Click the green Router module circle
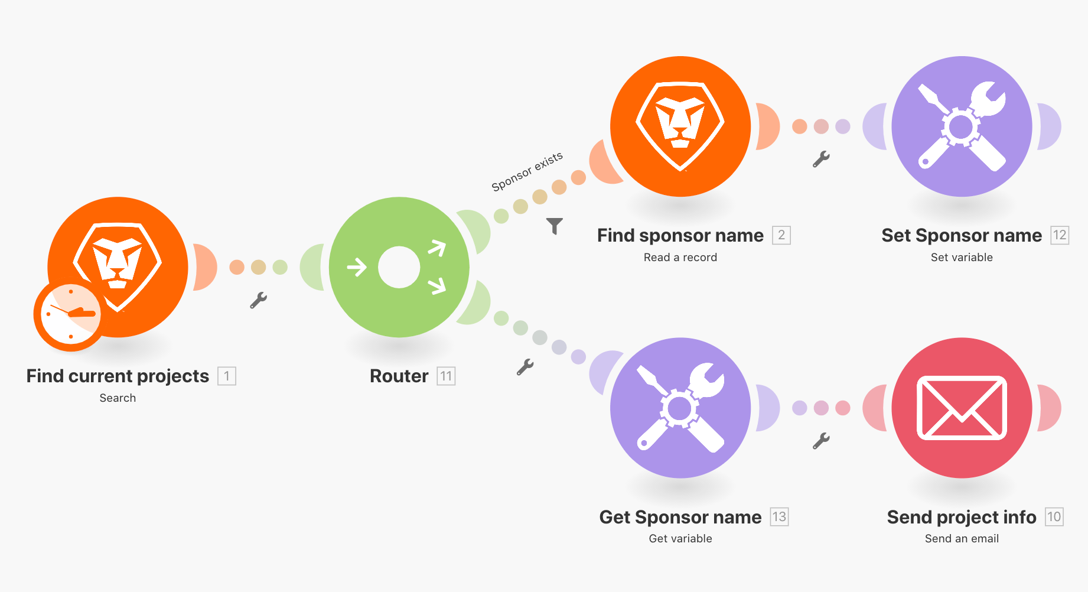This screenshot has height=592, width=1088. pyautogui.click(x=399, y=267)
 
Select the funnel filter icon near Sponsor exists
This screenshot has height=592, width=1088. pyautogui.click(x=555, y=226)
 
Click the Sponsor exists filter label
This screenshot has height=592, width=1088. pyautogui.click(x=527, y=171)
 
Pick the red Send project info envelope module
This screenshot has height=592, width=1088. pyautogui.click(x=962, y=408)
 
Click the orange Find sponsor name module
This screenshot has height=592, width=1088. pyautogui.click(x=680, y=126)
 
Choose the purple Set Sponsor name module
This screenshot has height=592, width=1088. pyautogui.click(x=962, y=126)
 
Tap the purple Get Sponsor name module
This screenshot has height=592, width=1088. pyautogui.click(x=680, y=408)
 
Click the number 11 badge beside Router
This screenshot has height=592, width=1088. pyautogui.click(x=446, y=376)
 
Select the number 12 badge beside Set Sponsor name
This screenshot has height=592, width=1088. pyautogui.click(x=1060, y=235)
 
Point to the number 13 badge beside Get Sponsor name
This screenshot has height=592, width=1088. pyautogui.click(x=779, y=517)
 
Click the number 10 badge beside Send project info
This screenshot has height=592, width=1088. pyautogui.click(x=1054, y=517)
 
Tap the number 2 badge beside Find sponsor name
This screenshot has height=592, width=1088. pyautogui.click(x=781, y=235)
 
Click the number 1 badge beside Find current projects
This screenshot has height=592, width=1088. pyautogui.click(x=227, y=376)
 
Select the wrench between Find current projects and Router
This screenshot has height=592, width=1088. pyautogui.click(x=258, y=301)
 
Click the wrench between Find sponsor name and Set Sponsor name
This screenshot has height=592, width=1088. pyautogui.click(x=821, y=160)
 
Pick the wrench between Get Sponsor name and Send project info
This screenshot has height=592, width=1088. pyautogui.click(x=821, y=441)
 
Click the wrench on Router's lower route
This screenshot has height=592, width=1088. pyautogui.click(x=525, y=367)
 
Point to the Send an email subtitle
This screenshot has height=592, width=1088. pyautogui.click(x=962, y=539)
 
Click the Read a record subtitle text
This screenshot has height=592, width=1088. pyautogui.click(x=680, y=258)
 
